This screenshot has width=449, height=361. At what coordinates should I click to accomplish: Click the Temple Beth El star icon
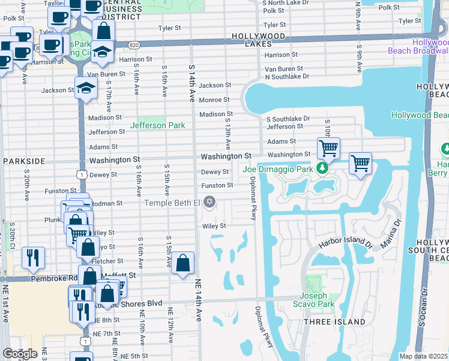click(x=209, y=202)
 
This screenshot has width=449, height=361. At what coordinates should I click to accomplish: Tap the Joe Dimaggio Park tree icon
click(x=323, y=168)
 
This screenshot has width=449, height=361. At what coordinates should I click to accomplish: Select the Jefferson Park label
click(x=158, y=125)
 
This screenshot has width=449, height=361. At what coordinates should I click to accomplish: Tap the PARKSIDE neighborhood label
click(x=24, y=161)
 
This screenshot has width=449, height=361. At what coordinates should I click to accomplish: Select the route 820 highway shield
click(x=134, y=45)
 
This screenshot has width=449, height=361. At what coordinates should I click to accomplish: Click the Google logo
click(x=19, y=354)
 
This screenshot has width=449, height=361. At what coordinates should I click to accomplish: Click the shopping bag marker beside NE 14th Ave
click(x=183, y=264)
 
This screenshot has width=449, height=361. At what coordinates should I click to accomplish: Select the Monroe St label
click(x=214, y=100)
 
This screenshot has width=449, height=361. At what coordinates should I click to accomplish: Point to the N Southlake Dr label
click(x=287, y=76)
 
